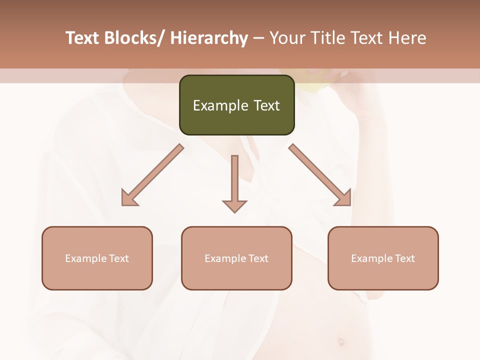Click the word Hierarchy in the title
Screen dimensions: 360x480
(209, 38)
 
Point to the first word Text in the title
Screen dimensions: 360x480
(83, 38)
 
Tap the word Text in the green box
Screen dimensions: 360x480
(266, 105)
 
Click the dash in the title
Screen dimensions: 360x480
(258, 38)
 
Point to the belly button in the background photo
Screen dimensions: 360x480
(341, 342)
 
